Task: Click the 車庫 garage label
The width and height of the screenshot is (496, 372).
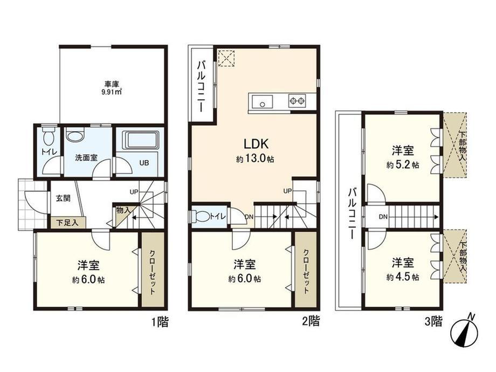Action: pos(112,84)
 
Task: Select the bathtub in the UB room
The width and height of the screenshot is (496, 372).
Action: pos(141,140)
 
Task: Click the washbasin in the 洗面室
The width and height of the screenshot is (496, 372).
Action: pos(76,135)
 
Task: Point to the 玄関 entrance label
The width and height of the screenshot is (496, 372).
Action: pos(63,198)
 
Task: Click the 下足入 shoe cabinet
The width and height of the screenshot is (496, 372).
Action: pos(68,223)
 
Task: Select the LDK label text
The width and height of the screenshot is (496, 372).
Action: pos(256,144)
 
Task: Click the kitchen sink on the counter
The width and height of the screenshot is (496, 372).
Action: pos(262,101)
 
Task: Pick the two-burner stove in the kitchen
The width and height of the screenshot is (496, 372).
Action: pos(297,101)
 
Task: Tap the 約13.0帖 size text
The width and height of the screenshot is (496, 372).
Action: pos(255,159)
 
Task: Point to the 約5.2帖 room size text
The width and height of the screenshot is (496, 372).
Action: pos(403,165)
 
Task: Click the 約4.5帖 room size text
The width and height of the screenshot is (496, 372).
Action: pos(403,277)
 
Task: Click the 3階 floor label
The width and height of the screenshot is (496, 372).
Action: pos(433,322)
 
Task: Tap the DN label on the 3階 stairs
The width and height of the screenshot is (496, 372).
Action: pos(383,217)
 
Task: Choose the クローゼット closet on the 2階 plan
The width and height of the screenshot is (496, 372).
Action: pos(306,270)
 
